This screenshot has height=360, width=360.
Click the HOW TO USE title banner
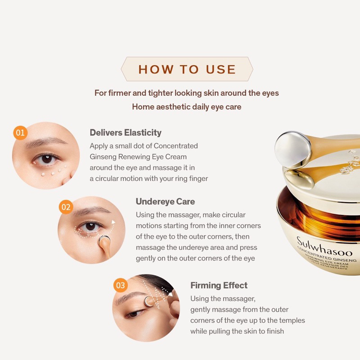pyautogui.click(x=187, y=69)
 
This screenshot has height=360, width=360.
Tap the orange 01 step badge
pyautogui.click(x=20, y=133)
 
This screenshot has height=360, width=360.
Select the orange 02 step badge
pyautogui.click(x=66, y=207)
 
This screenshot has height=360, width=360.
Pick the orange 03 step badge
pyautogui.click(x=120, y=285)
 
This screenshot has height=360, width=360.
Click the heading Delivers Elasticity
pyautogui.click(x=125, y=132)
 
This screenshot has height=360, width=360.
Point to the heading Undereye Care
pyautogui.click(x=165, y=201)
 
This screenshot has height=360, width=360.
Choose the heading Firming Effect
pyautogui.click(x=219, y=285)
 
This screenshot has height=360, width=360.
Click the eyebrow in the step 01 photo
pyautogui.click(x=43, y=143)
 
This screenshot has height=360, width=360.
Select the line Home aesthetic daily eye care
pyautogui.click(x=186, y=107)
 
